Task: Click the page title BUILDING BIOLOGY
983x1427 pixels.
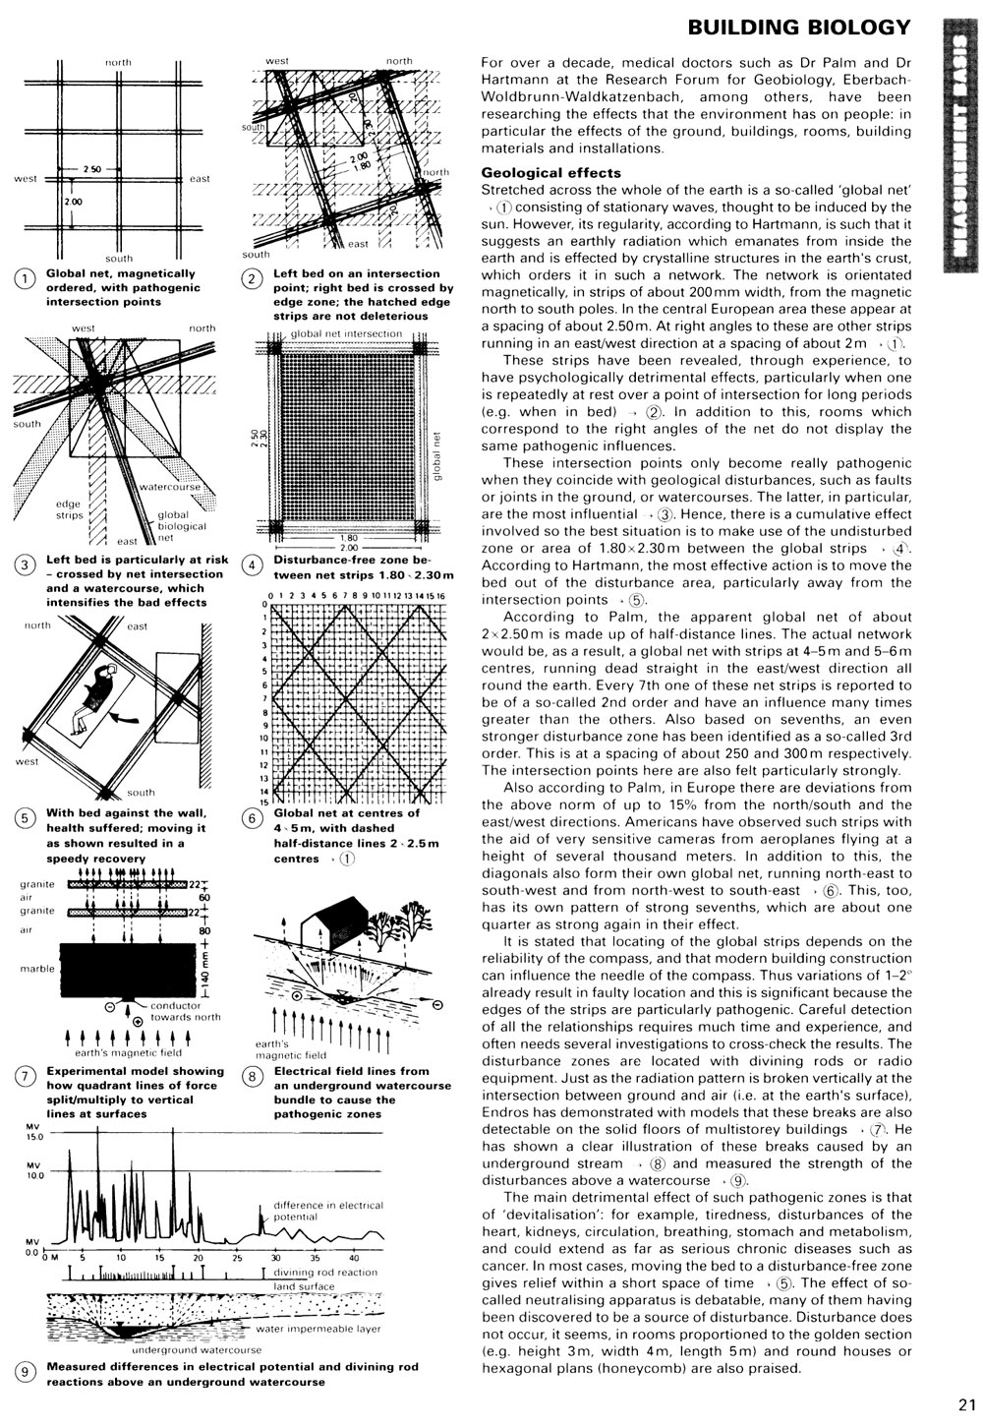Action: (799, 27)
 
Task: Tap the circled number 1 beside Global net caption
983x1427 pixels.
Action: (23, 279)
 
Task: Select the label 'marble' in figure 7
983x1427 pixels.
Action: (37, 969)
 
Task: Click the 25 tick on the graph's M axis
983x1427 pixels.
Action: (236, 1257)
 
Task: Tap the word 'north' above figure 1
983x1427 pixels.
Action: (118, 62)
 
